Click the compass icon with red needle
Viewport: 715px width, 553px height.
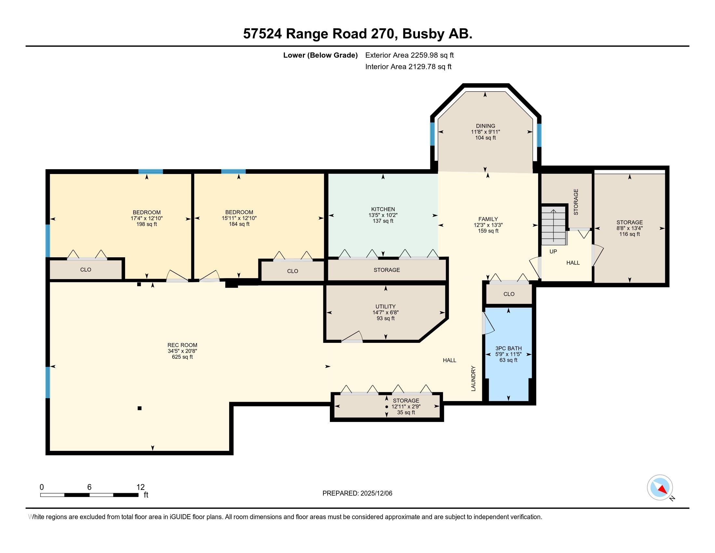click(659, 488)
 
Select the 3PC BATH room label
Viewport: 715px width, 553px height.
click(508, 348)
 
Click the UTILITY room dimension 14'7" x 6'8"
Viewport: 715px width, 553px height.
click(385, 313)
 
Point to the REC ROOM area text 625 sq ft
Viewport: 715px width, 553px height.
click(182, 357)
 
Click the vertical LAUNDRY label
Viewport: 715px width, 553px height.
click(473, 378)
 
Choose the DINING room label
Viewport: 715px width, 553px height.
click(486, 126)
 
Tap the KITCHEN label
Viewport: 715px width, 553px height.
click(383, 209)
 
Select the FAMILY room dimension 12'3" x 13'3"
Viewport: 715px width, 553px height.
click(488, 225)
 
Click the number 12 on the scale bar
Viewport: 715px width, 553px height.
click(140, 487)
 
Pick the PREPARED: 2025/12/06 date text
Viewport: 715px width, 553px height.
click(357, 493)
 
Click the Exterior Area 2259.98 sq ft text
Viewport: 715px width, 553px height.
click(409, 55)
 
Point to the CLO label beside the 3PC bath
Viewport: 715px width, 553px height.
click(509, 294)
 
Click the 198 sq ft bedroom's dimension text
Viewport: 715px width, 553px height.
click(146, 218)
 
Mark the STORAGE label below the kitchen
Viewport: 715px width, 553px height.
click(387, 270)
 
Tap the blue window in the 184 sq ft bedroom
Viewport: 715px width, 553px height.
click(233, 171)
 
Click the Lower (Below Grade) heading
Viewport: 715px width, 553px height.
click(320, 55)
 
